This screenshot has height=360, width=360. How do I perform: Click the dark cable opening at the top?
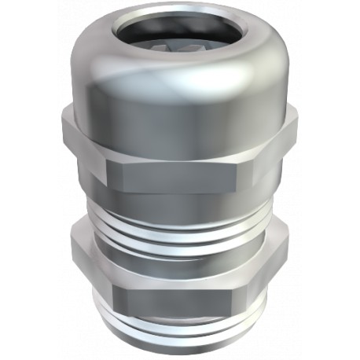[x=181, y=31]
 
